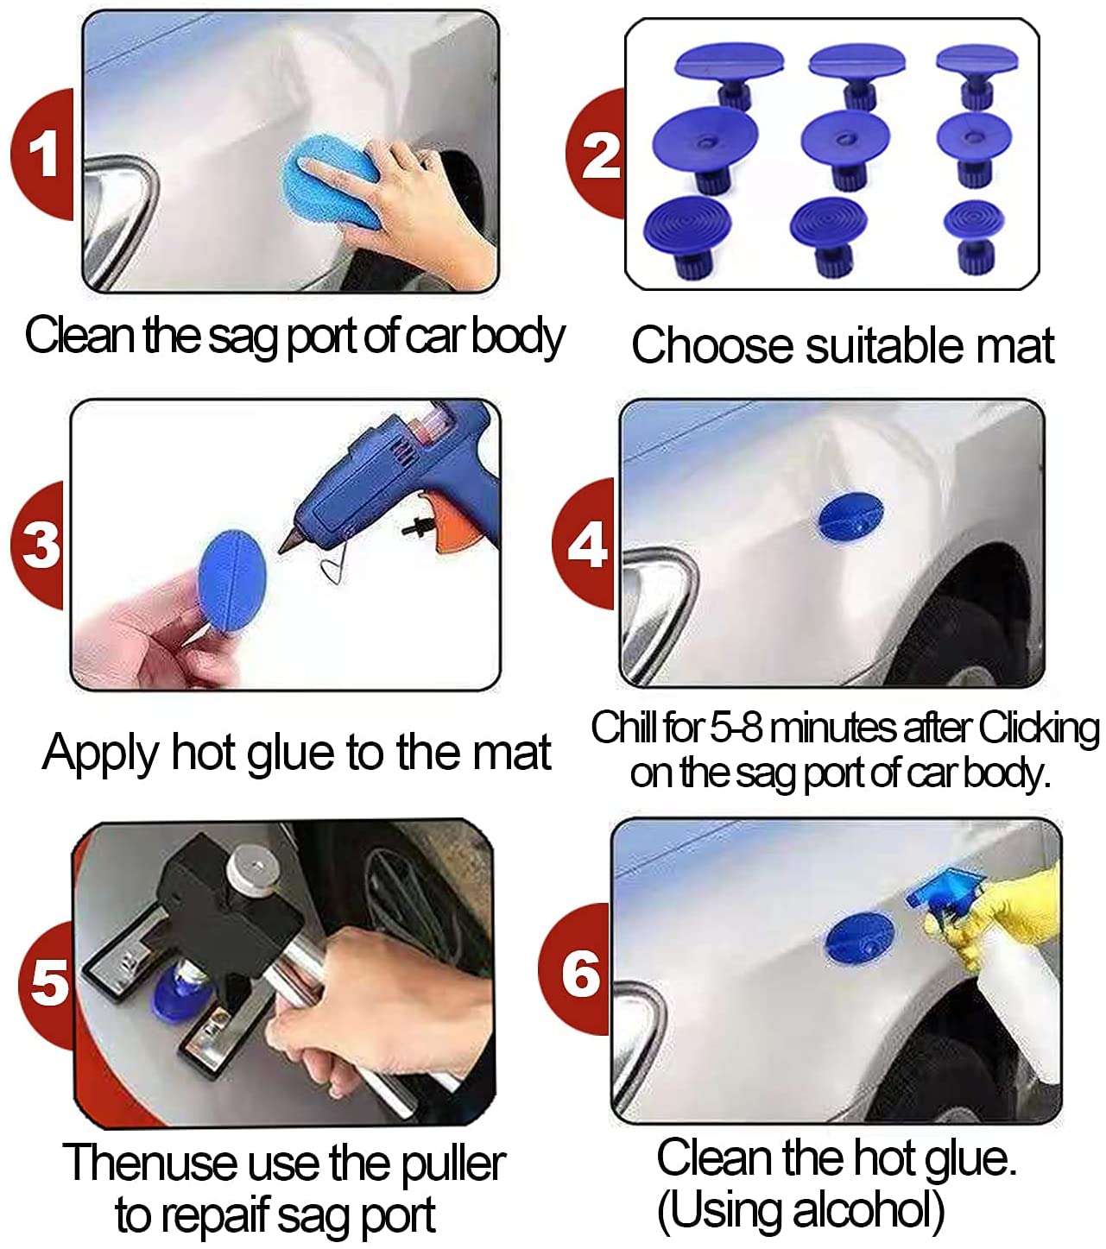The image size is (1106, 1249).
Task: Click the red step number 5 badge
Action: (x=48, y=983)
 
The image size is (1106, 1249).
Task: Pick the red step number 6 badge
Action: (x=579, y=973)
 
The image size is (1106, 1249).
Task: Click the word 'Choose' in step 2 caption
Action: (x=711, y=346)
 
